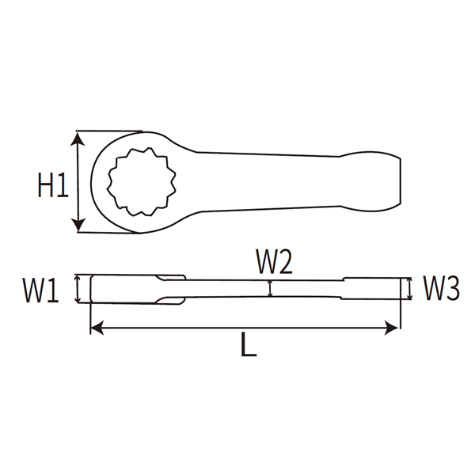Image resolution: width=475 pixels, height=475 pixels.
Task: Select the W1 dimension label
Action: (40, 290)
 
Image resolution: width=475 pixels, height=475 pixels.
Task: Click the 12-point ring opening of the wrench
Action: (139, 183)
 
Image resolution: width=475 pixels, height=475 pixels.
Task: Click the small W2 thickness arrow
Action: (271, 289)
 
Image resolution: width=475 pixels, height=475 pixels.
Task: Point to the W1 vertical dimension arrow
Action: (78, 288)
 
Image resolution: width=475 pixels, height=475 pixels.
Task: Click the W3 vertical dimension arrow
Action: (409, 289)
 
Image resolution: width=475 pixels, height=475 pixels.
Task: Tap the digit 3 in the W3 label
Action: (452, 289)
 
